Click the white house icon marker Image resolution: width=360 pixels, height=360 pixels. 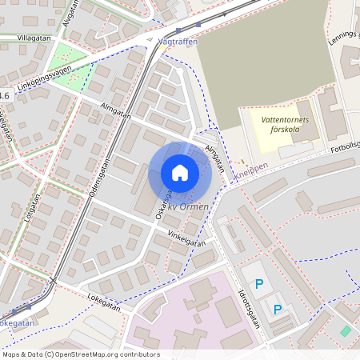180,172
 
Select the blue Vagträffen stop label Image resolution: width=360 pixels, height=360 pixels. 178,42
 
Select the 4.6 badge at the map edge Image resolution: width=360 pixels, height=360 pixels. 5,95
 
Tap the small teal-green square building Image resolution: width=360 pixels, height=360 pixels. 345,330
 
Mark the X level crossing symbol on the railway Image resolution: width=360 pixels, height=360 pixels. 54,279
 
